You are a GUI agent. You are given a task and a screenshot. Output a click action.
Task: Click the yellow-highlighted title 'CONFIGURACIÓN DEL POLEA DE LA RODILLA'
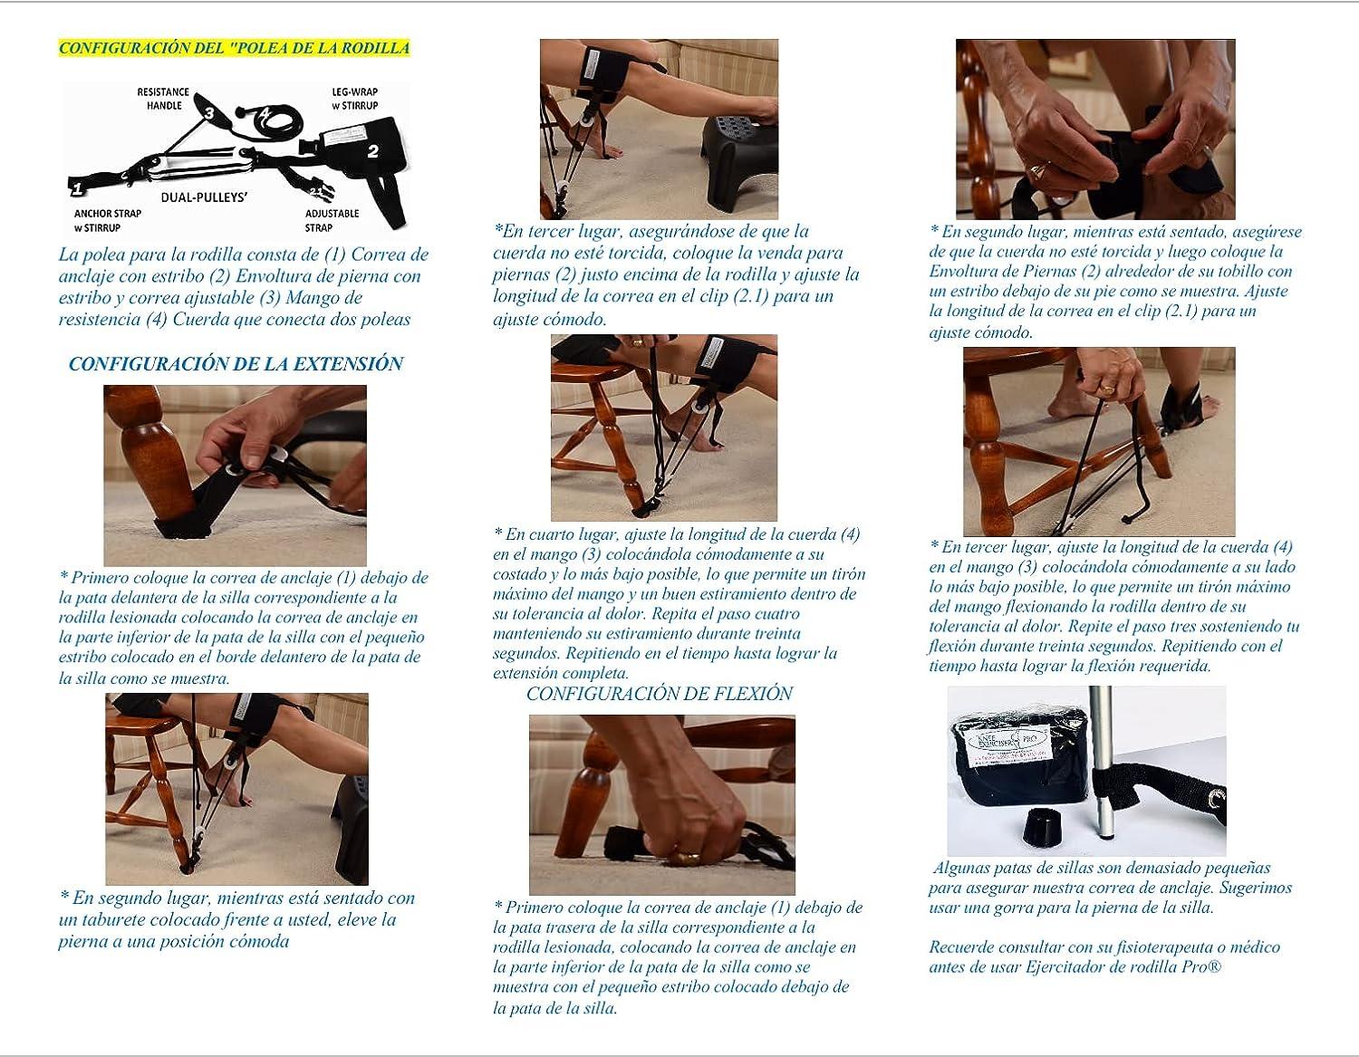pos(234,49)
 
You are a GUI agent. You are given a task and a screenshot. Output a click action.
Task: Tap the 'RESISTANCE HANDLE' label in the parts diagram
pos(163,99)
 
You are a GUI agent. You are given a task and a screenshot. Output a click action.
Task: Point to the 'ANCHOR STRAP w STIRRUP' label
pos(108,220)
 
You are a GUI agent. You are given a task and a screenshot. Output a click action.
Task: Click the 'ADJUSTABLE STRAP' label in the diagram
pos(332,220)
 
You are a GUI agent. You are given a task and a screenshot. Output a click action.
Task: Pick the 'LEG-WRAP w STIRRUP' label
pos(355,99)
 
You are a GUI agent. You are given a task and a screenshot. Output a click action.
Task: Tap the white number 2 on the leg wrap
pos(372,152)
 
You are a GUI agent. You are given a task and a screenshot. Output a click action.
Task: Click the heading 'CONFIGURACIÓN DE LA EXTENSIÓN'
pos(236,364)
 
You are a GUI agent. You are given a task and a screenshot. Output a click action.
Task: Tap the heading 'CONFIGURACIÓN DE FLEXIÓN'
pos(659,694)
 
